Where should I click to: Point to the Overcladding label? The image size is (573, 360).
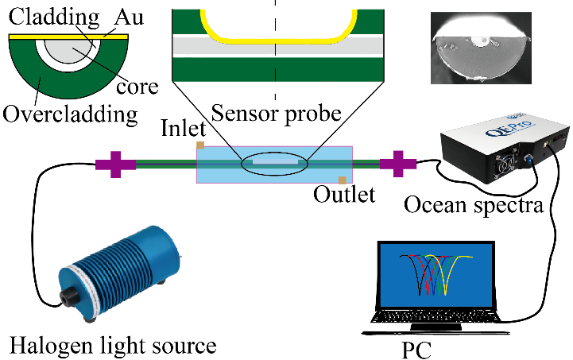69,114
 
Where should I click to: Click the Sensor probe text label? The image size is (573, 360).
277,113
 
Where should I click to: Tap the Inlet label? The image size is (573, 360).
184,129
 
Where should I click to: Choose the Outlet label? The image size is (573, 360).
344,195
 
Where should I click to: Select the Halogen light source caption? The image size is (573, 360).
113,346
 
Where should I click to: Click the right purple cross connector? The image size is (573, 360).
397,165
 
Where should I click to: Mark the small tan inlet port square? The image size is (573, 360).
201,145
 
